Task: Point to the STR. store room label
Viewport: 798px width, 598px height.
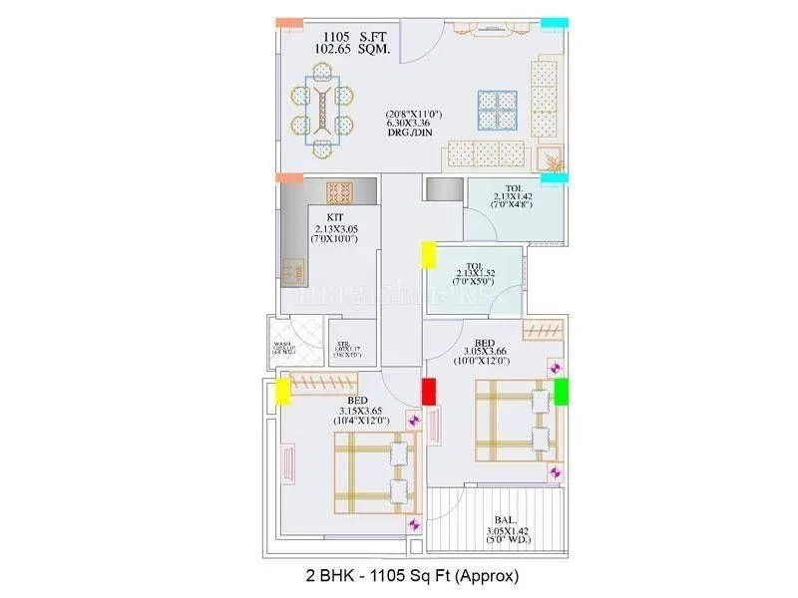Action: (x=343, y=341)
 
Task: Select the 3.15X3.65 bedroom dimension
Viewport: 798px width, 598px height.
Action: (x=360, y=411)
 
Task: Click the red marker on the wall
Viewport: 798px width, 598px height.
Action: (x=430, y=392)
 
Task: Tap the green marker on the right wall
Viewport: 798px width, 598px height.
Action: (x=561, y=391)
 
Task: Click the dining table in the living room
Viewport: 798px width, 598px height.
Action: (x=322, y=110)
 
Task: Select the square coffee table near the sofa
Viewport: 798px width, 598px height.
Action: (x=497, y=109)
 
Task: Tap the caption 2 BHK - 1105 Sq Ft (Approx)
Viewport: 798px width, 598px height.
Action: (x=412, y=575)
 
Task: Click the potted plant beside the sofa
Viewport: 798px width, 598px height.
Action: (x=552, y=157)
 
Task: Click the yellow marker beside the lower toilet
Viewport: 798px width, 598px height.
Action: (x=428, y=254)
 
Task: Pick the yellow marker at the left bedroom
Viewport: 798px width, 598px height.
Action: (x=283, y=391)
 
